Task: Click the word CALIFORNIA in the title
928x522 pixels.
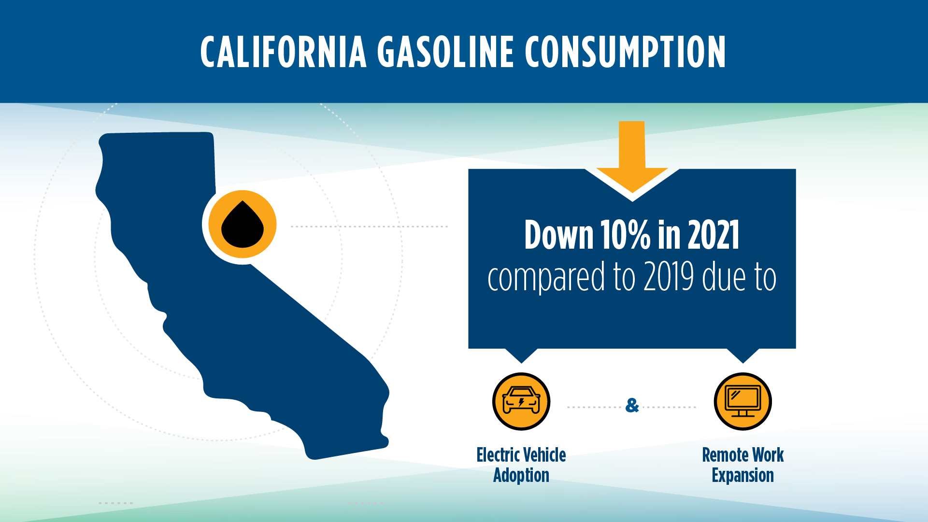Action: (284, 52)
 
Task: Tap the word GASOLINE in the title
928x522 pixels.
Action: (445, 52)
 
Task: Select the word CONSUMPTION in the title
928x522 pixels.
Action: (625, 52)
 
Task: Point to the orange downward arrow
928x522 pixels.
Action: (632, 155)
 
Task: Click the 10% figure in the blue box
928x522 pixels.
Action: (625, 235)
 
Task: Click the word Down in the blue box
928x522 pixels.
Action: (558, 235)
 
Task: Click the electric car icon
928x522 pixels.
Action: (521, 401)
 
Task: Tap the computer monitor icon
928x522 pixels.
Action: (743, 401)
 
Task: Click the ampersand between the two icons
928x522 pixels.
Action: (632, 405)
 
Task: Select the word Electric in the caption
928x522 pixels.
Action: (498, 455)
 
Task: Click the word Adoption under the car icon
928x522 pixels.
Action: (521, 476)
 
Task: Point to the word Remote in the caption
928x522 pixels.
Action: (725, 455)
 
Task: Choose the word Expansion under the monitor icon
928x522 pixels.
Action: (743, 476)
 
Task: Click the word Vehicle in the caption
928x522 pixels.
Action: (544, 455)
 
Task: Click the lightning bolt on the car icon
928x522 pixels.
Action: (521, 402)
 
